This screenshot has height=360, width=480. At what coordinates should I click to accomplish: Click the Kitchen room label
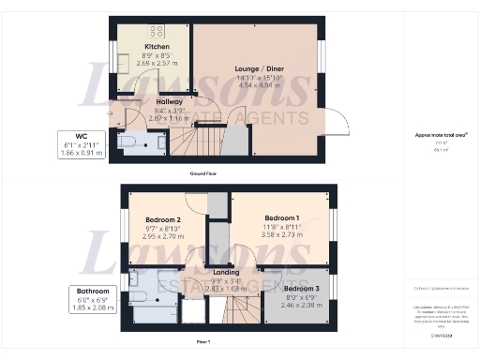[156, 46]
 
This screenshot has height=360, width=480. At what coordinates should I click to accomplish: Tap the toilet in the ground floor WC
[127, 142]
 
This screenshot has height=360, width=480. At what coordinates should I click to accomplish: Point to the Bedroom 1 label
[281, 217]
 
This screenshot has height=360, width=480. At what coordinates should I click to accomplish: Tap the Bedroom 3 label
[301, 288]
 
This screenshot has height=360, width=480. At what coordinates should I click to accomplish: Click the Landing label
[227, 273]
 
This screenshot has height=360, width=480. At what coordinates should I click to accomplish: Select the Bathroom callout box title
[92, 292]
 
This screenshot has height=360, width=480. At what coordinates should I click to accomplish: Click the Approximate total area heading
[434, 135]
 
